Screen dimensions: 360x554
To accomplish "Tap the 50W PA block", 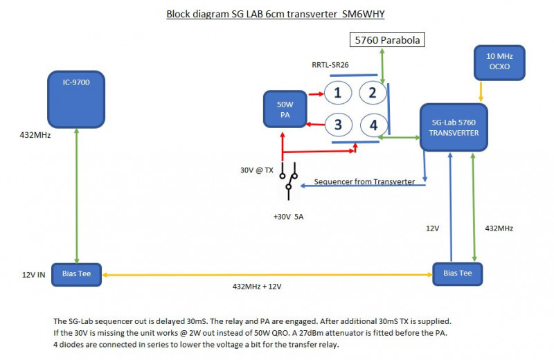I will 285,110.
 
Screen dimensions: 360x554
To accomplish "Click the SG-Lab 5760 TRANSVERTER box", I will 454,127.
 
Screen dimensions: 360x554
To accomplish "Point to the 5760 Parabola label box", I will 387,41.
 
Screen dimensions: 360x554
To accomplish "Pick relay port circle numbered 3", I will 337,125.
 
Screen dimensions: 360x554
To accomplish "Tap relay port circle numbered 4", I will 373,125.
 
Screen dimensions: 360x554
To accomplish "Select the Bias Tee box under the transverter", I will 457,273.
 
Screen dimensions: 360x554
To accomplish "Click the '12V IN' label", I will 33,275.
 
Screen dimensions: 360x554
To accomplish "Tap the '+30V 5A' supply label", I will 288,217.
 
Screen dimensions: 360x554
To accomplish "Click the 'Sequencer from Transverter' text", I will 364,181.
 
